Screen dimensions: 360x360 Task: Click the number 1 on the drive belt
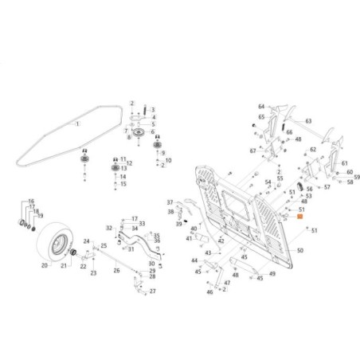pos(77,125)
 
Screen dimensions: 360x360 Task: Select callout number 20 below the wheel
pos(45,265)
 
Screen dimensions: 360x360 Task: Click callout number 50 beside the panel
pos(300,250)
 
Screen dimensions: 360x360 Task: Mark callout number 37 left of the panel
pos(169,202)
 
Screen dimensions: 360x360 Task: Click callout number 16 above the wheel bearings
pos(31,202)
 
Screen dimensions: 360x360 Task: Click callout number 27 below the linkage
pos(153,292)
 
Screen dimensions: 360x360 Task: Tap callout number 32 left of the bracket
pos(109,228)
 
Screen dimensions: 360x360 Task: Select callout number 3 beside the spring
pos(153,109)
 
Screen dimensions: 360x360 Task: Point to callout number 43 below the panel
pos(207,252)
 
